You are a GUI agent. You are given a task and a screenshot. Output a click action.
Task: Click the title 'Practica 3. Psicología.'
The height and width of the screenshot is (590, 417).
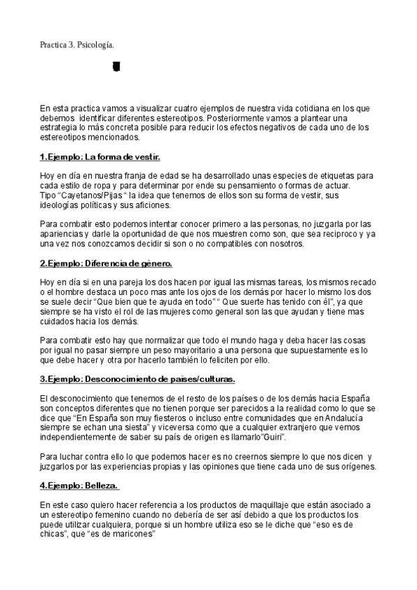(77, 46)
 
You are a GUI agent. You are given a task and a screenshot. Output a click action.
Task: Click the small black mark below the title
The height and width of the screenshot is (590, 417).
(116, 67)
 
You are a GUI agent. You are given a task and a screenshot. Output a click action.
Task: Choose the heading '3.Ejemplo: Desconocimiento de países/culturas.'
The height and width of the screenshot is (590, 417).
(137, 379)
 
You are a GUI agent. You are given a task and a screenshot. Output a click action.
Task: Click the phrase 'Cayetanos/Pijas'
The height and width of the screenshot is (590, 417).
(88, 195)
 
